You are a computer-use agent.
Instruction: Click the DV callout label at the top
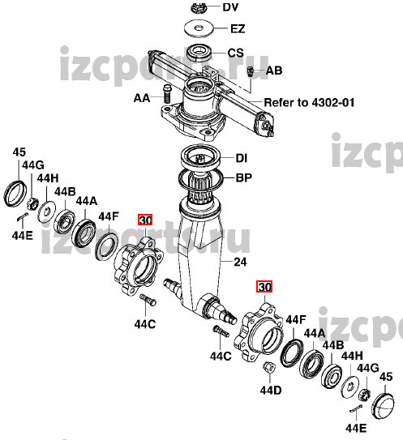(x=230, y=7)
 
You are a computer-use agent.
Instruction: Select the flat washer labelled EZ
(x=199, y=28)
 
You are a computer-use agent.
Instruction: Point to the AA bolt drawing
(x=167, y=94)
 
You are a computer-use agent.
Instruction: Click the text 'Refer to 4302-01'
(x=309, y=102)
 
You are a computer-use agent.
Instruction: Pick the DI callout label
(x=242, y=158)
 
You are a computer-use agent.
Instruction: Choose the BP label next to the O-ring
(x=243, y=177)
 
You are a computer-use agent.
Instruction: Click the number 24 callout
(x=240, y=262)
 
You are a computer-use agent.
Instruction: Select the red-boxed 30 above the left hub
(x=145, y=220)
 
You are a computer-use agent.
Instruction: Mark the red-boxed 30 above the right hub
(x=264, y=287)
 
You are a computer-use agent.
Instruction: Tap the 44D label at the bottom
(x=271, y=391)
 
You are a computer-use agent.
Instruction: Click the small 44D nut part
(x=269, y=367)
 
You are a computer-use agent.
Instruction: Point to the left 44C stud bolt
(x=148, y=300)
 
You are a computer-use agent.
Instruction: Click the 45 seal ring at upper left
(x=15, y=194)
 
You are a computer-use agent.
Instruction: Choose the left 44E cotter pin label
(x=23, y=236)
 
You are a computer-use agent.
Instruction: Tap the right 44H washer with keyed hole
(x=350, y=387)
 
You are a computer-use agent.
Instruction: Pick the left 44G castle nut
(x=32, y=203)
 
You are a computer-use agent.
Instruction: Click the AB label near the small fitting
(x=274, y=70)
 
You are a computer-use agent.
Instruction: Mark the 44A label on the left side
(x=87, y=201)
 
